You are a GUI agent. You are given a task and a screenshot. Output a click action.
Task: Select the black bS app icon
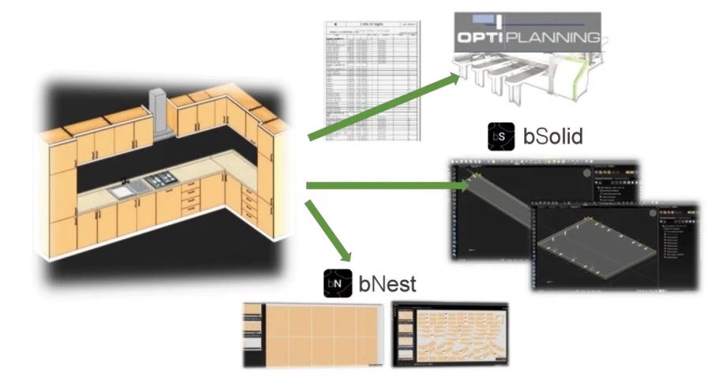(x=500, y=136)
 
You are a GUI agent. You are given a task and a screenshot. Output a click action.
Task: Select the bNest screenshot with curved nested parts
(x=450, y=335)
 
